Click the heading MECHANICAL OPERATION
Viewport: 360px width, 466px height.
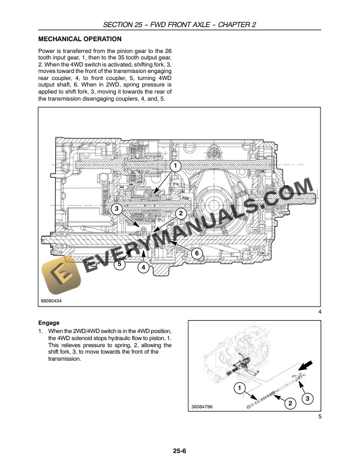(75, 39)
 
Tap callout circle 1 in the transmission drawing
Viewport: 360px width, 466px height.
(175, 167)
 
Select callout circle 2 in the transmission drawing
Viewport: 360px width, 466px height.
(181, 213)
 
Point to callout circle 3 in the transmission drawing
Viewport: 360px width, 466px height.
(116, 208)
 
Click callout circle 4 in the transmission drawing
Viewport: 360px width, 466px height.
(144, 268)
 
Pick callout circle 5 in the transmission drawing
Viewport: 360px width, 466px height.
(120, 264)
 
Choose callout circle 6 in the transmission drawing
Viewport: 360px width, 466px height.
(197, 253)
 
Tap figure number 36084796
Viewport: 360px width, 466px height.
(202, 407)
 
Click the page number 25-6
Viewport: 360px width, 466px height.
(180, 451)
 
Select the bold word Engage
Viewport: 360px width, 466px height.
(49, 323)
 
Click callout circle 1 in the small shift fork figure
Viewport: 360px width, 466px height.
(238, 388)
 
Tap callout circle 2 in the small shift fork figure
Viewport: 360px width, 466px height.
(289, 403)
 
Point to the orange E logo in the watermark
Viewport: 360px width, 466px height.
(57, 277)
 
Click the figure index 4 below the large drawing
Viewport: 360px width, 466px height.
(319, 311)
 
